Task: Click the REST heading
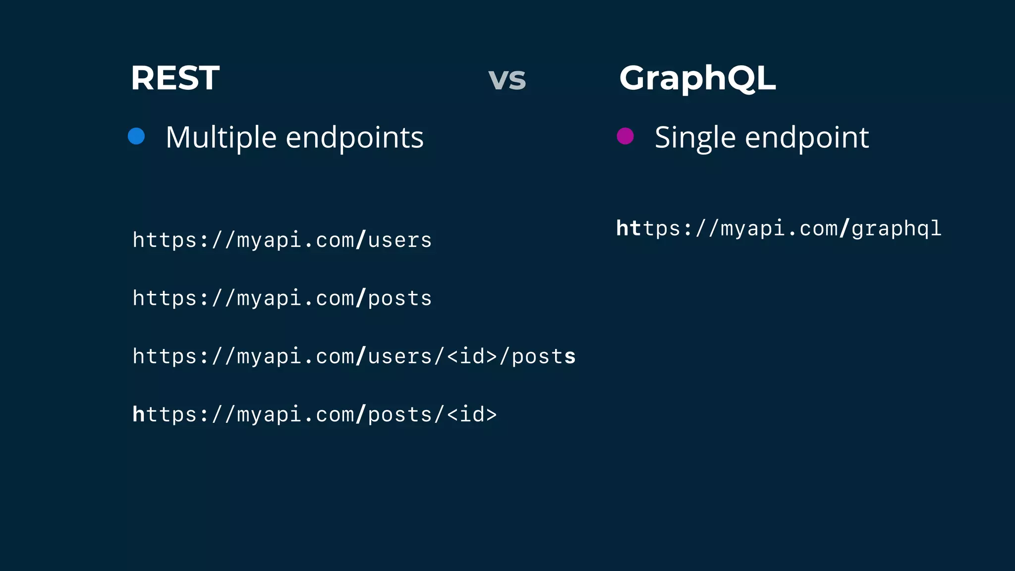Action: click(175, 78)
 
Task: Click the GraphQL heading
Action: click(697, 78)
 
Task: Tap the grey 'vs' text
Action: click(507, 79)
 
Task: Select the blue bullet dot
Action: click(136, 136)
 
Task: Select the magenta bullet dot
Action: click(625, 136)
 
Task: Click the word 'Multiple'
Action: click(221, 137)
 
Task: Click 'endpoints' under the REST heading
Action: click(354, 137)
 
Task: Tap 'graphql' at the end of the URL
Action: click(896, 228)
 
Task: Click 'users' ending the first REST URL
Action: click(399, 240)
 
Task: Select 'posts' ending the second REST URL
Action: click(399, 298)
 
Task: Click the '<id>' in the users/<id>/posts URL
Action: click(471, 356)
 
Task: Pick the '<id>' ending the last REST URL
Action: click(471, 414)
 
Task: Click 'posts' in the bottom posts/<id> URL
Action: click(399, 414)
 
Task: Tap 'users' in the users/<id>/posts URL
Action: click(399, 356)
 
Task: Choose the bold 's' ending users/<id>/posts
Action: click(570, 356)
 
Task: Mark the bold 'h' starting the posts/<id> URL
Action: click(138, 414)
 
